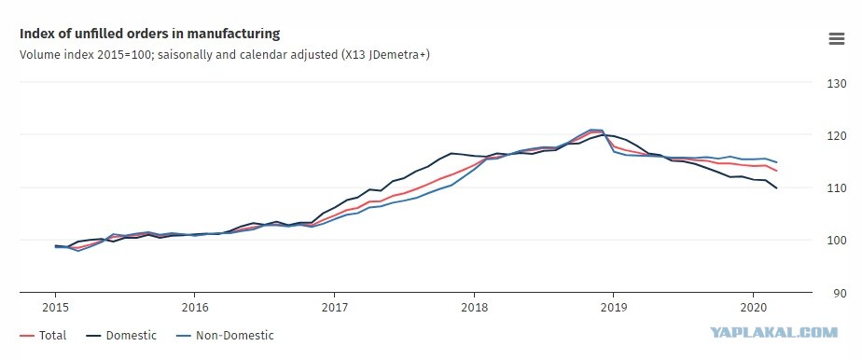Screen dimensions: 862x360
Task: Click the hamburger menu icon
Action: (836, 39)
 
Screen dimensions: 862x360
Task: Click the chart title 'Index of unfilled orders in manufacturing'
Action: (149, 35)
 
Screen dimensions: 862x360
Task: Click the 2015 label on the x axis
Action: (55, 307)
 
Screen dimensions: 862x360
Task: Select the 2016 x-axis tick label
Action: (195, 307)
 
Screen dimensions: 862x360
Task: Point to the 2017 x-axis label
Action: (334, 307)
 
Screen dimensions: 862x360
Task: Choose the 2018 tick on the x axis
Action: (473, 307)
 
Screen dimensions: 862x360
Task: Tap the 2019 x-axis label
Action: (612, 307)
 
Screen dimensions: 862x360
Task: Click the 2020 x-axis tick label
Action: (752, 307)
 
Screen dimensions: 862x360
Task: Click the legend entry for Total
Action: (43, 335)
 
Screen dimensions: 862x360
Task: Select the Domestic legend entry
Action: (121, 335)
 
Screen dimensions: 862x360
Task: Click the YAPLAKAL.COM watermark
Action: (773, 333)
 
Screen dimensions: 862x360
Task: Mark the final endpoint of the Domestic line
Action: (776, 188)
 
